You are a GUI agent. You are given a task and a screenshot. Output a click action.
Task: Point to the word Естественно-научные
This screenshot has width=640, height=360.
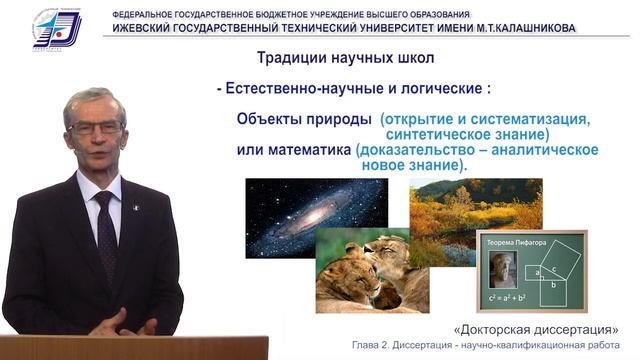coord(296,88)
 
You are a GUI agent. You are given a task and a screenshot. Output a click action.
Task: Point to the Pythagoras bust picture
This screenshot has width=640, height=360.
coord(497,270)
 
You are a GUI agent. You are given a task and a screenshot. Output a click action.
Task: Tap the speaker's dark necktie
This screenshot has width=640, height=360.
coord(105,229)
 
